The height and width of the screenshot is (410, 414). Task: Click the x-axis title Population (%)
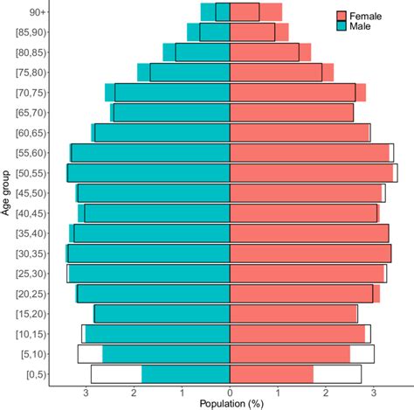[231, 403]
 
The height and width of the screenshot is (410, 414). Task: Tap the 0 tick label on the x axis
[230, 393]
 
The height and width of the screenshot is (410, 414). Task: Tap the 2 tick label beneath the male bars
[135, 393]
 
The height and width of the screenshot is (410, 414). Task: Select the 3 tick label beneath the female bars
[373, 393]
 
